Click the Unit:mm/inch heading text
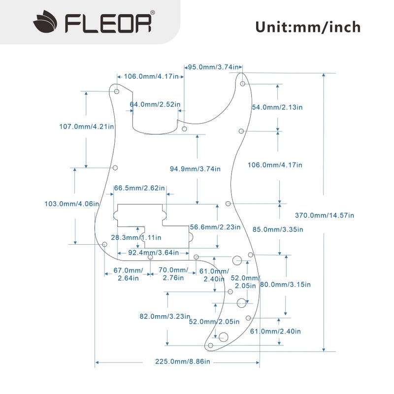pyautogui.click(x=307, y=27)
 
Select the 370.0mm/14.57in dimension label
pyautogui.click(x=324, y=215)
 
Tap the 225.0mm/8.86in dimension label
pyautogui.click(x=183, y=362)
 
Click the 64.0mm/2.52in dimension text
pyautogui.click(x=155, y=104)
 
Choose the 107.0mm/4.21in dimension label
pyautogui.click(x=86, y=127)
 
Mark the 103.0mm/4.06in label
pyautogui.click(x=72, y=204)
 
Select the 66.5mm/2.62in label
pyautogui.click(x=139, y=188)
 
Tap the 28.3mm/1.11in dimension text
pyautogui.click(x=135, y=237)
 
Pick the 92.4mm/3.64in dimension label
pyautogui.click(x=153, y=253)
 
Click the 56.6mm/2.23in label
pyautogui.click(x=215, y=227)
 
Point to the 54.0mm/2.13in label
pyautogui.click(x=277, y=107)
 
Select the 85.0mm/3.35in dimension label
pyautogui.click(x=278, y=230)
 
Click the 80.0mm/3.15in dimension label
pyautogui.click(x=285, y=285)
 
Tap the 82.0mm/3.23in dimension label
pyautogui.click(x=165, y=317)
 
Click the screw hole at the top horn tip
pyautogui.click(x=243, y=84)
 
